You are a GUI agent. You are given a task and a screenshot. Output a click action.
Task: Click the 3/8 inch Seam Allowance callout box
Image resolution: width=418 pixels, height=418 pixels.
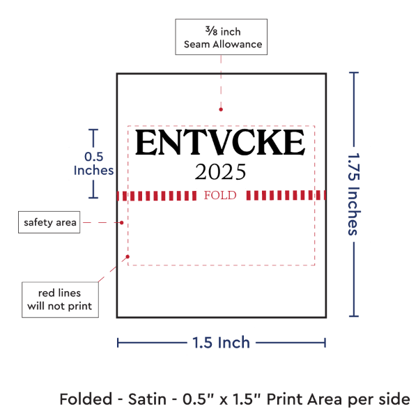coord(222,37)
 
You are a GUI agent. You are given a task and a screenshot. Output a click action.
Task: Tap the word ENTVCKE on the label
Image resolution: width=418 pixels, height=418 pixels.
coord(220,142)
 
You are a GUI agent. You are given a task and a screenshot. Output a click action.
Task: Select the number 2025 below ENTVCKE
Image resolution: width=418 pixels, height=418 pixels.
coord(220,172)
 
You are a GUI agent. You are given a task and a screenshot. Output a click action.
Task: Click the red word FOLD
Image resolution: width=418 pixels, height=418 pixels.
coord(220,195)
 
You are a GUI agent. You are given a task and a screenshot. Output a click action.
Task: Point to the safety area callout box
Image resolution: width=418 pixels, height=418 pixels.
coord(49,222)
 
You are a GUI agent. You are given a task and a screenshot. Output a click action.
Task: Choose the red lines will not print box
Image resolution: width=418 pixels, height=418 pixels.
coord(60,300)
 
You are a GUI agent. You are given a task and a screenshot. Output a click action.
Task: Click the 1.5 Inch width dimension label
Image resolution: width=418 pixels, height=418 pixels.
coord(222,343)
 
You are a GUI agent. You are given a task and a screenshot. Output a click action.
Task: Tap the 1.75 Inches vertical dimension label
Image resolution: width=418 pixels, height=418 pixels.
coord(354,194)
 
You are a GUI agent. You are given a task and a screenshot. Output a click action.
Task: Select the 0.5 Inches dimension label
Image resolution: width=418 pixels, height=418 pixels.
coord(93,164)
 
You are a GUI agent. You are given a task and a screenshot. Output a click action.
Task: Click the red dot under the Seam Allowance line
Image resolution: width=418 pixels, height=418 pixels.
coord(221,109)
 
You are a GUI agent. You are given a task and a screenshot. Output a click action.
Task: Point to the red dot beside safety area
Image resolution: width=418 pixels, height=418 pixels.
coord(121,223)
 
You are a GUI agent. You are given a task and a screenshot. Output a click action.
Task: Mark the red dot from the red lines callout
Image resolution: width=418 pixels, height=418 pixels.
coord(127,256)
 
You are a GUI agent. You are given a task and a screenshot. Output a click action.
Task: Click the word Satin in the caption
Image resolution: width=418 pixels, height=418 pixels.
coord(147,399)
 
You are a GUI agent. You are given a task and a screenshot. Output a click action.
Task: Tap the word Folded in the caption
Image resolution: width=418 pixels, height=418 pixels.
coord(86,399)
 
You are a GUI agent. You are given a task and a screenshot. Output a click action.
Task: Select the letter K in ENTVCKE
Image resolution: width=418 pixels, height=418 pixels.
coord(269,142)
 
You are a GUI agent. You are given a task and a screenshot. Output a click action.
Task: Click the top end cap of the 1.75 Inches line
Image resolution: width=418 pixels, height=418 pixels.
coord(354,72)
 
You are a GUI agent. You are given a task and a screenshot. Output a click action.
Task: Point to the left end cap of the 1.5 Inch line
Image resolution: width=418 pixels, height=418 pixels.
coord(118,343)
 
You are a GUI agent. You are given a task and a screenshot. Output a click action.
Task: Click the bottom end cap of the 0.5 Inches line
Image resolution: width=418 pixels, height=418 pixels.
coord(93,198)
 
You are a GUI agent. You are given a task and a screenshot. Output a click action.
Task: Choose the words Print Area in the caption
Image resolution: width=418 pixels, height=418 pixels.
coord(304,399)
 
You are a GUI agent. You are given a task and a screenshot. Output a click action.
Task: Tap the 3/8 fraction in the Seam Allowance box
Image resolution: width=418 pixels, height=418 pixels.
coord(211,31)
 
